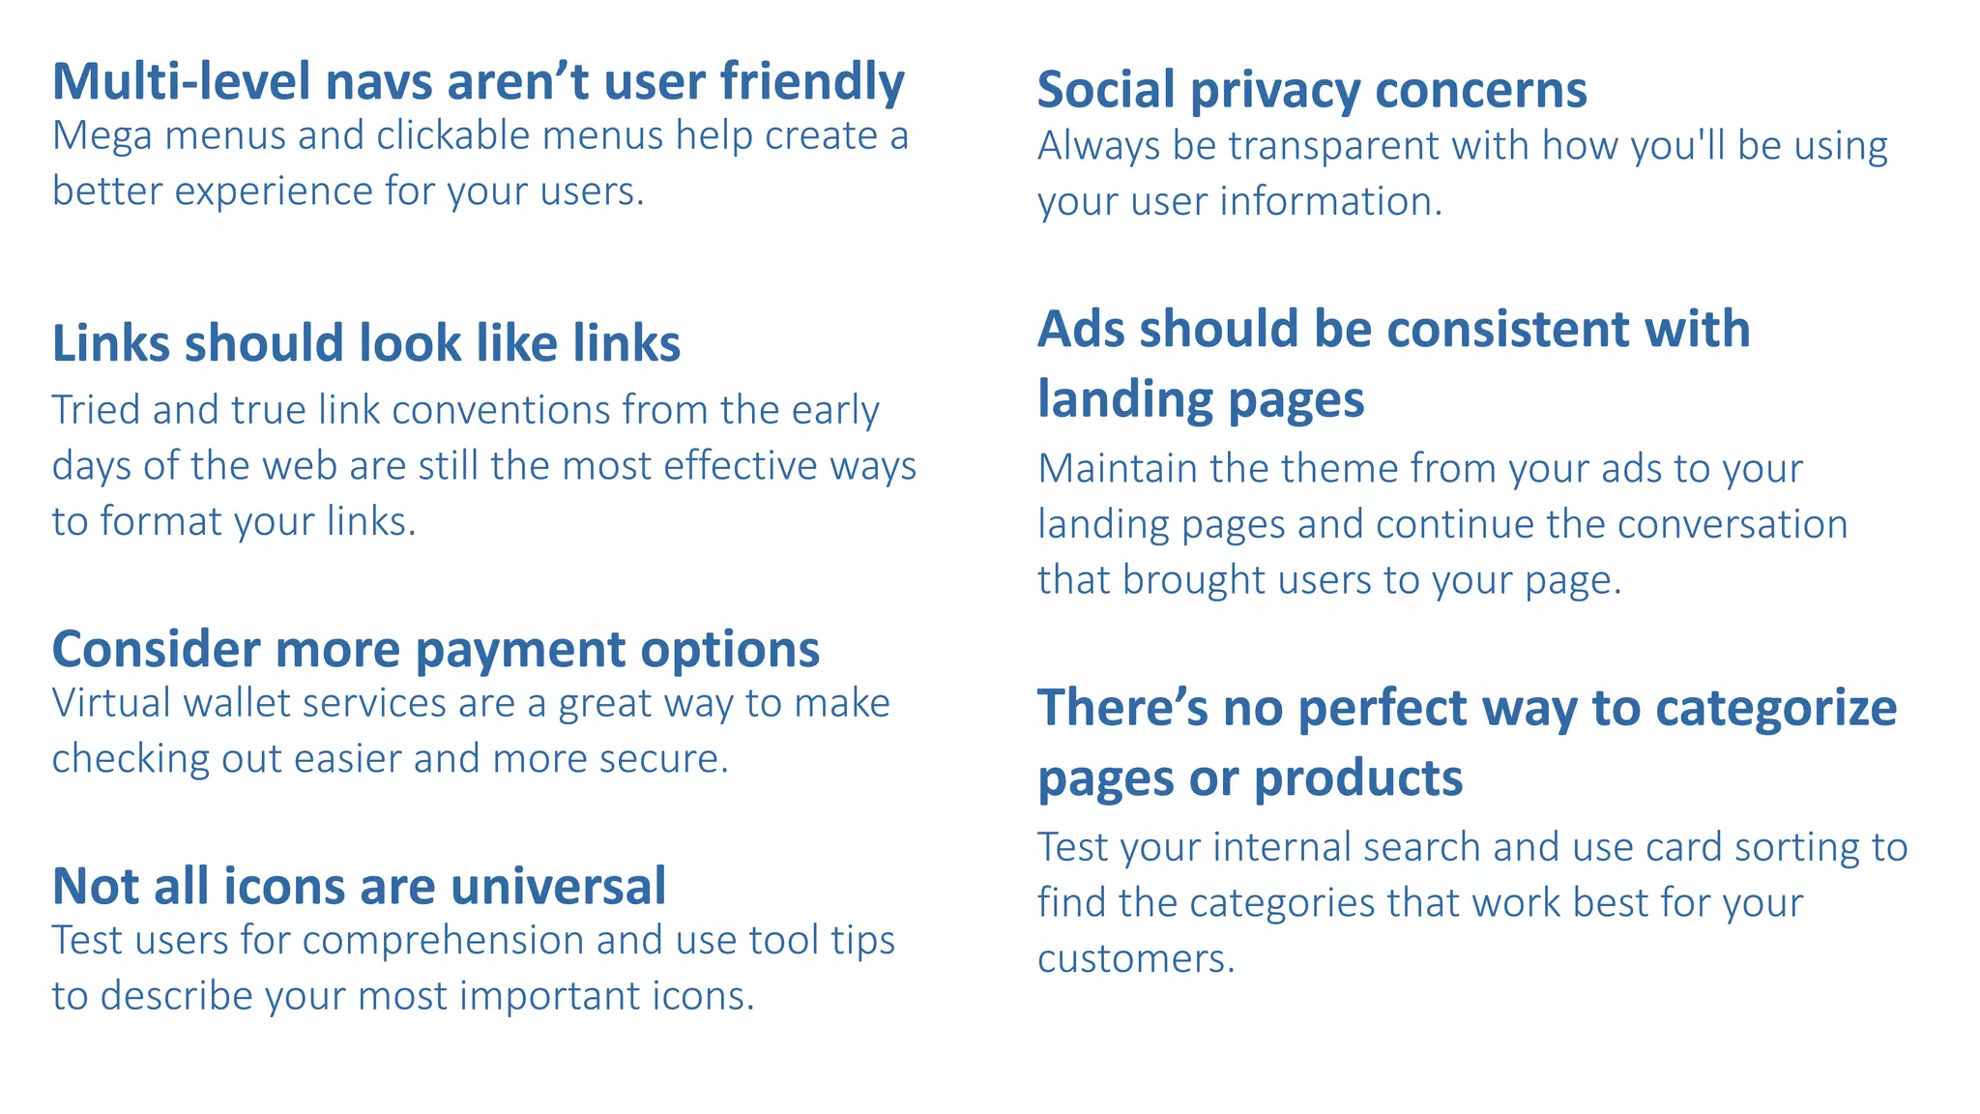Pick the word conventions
(x=500, y=410)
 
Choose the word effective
(x=741, y=466)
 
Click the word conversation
(x=1732, y=524)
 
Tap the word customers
(x=1136, y=959)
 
